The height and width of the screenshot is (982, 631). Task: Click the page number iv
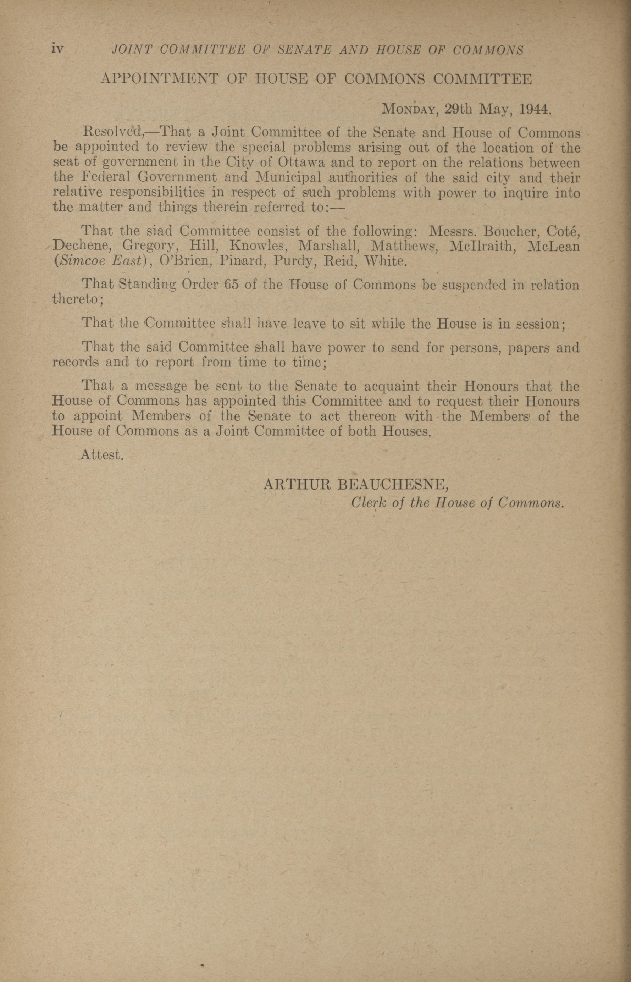tap(58, 50)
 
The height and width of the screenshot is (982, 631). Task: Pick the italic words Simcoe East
tap(103, 261)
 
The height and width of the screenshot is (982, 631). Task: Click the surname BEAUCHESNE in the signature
tap(393, 485)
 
